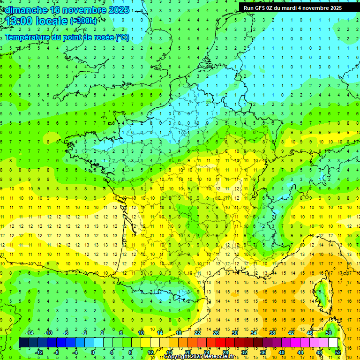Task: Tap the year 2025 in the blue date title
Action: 120,9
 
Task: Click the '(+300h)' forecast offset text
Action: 83,21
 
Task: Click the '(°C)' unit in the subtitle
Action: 122,37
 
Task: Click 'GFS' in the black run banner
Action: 260,8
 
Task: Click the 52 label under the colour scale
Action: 338,352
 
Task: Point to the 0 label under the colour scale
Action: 93,352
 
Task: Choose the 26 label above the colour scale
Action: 216,333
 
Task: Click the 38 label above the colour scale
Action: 272,333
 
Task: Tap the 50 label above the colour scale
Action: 329,333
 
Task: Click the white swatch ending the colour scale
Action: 333,343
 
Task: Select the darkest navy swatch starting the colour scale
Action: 23,343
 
